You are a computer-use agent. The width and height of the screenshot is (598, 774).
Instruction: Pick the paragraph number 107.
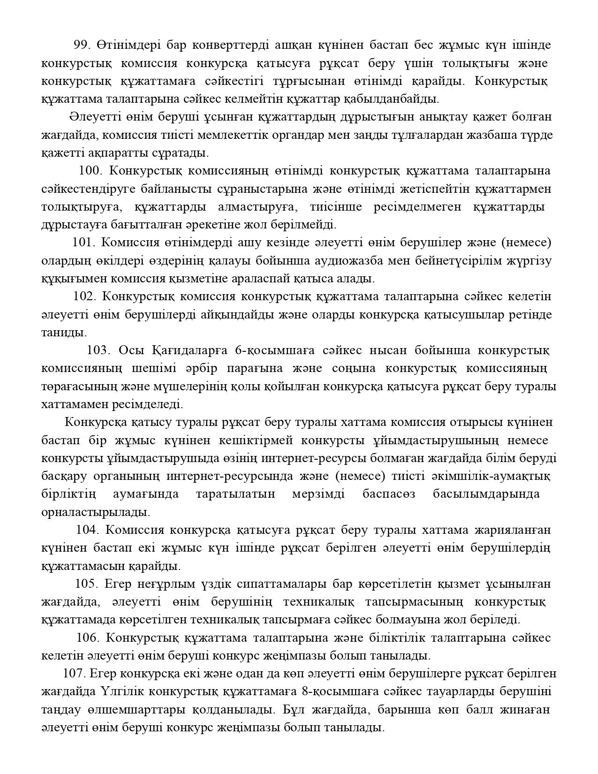pos(73,674)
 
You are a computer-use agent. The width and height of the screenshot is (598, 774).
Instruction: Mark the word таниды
pos(64,333)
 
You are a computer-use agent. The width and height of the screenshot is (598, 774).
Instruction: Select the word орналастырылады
pos(96,512)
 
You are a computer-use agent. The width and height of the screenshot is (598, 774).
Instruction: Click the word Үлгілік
pos(119,691)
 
